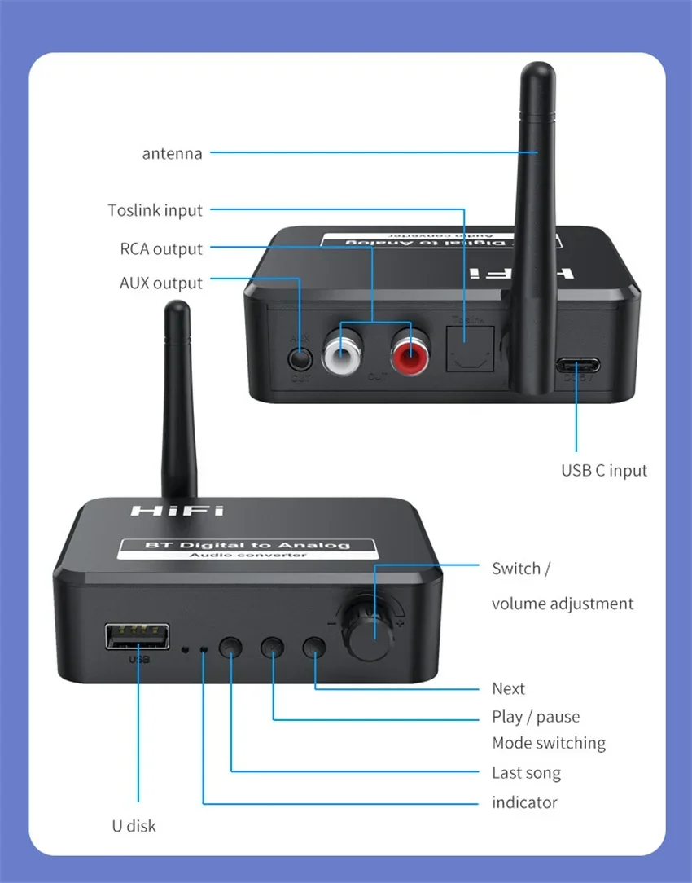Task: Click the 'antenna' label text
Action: click(x=172, y=153)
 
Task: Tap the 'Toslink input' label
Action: click(x=155, y=210)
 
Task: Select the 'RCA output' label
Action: click(x=161, y=248)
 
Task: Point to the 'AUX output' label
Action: click(x=160, y=283)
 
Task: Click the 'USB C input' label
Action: click(x=604, y=470)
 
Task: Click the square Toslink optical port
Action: click(x=464, y=349)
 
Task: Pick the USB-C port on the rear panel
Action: click(x=577, y=364)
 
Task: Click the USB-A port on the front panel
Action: click(x=137, y=637)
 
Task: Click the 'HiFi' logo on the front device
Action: click(x=177, y=511)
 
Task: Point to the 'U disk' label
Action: click(x=134, y=825)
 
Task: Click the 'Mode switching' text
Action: click(x=549, y=743)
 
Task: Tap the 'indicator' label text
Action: click(x=524, y=802)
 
